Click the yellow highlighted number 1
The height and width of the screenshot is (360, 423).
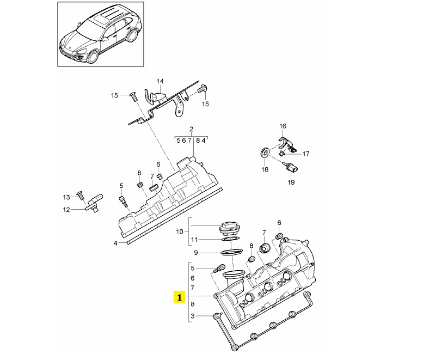pos(180,297)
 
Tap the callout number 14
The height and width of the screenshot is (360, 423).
pos(160,81)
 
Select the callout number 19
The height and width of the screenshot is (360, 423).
pos(291,182)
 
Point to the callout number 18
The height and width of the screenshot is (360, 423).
pos(265,169)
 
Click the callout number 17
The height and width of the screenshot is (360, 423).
pos(306,154)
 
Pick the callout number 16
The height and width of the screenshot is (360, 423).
pos(283,126)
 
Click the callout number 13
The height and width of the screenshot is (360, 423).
pos(66,197)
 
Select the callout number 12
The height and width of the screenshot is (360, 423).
pos(66,210)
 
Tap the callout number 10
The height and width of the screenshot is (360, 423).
pos(180,231)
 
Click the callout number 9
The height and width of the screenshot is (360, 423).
pos(196,253)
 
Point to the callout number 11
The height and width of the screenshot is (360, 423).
pos(194,240)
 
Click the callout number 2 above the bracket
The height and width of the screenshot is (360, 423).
pos(191,129)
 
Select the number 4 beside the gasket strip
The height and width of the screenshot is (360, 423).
pos(115,243)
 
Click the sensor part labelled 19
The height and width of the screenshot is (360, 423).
pos(291,167)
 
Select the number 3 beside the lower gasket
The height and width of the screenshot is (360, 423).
pos(192,315)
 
